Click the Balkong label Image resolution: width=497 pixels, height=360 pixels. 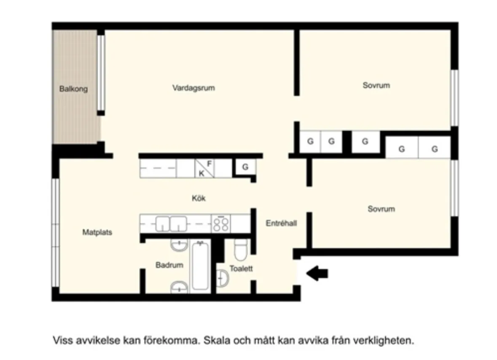pos(73,89)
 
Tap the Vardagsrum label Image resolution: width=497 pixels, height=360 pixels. pos(193,88)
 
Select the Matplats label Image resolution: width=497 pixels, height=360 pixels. pos(97,232)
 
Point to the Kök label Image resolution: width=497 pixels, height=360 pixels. pos(199,198)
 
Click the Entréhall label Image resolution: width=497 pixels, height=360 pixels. pos(281,223)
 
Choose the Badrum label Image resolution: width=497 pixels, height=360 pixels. pos(169,265)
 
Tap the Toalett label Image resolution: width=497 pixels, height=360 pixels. pos(241,268)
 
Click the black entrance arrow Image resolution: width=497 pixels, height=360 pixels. pos(317,274)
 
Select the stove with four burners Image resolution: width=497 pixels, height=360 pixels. pos(221,223)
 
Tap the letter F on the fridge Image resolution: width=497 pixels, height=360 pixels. pos(209,163)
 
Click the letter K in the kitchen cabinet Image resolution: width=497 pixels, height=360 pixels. pos(201,173)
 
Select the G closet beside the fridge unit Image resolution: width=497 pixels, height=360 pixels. pos(245,167)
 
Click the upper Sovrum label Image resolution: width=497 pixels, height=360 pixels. pos(376,85)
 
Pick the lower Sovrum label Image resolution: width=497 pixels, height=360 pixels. pos(381,209)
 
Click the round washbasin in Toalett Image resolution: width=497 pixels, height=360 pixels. pos(222,278)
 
